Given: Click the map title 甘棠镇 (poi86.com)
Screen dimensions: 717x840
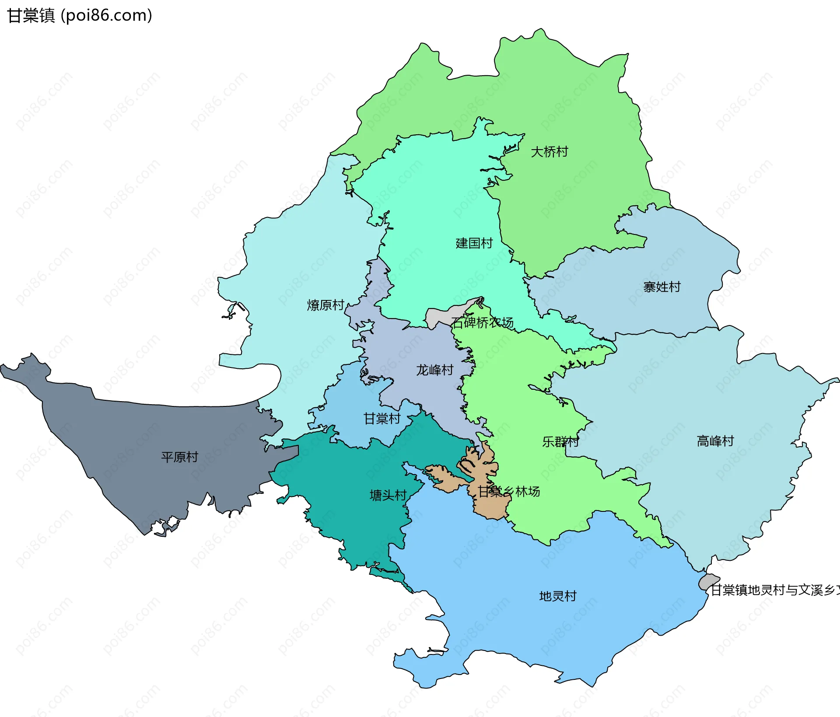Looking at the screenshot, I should coord(80,15).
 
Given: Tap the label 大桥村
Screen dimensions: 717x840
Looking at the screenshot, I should coord(549,152).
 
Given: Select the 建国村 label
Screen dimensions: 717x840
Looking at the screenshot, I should coord(474,243).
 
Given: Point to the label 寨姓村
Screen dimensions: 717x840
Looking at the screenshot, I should coord(662,287).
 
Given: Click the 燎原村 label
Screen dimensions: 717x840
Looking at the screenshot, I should coord(325,305).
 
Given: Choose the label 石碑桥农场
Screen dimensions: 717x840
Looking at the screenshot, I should coord(483,323).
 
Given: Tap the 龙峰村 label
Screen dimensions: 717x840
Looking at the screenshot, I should coord(434,370).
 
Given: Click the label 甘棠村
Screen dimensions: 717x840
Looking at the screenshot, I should coord(382,419).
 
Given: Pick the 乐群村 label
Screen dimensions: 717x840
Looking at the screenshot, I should coord(560,441).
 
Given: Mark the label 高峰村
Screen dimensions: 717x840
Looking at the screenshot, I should coord(715,441).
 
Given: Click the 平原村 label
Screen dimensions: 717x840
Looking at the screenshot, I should coord(180,457).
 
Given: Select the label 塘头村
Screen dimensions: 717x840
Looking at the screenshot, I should coord(388,495).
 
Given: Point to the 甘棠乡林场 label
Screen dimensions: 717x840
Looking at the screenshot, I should coord(508,492).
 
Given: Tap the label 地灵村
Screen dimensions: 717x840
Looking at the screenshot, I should coord(558,596).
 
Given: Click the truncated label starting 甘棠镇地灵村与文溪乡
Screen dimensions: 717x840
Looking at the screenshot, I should coord(774,590).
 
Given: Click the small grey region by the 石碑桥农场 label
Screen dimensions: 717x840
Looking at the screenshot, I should coord(437,317).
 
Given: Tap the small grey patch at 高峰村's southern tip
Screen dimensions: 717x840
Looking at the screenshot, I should coord(708,581).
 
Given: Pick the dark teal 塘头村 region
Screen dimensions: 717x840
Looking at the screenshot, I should coord(359,516).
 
